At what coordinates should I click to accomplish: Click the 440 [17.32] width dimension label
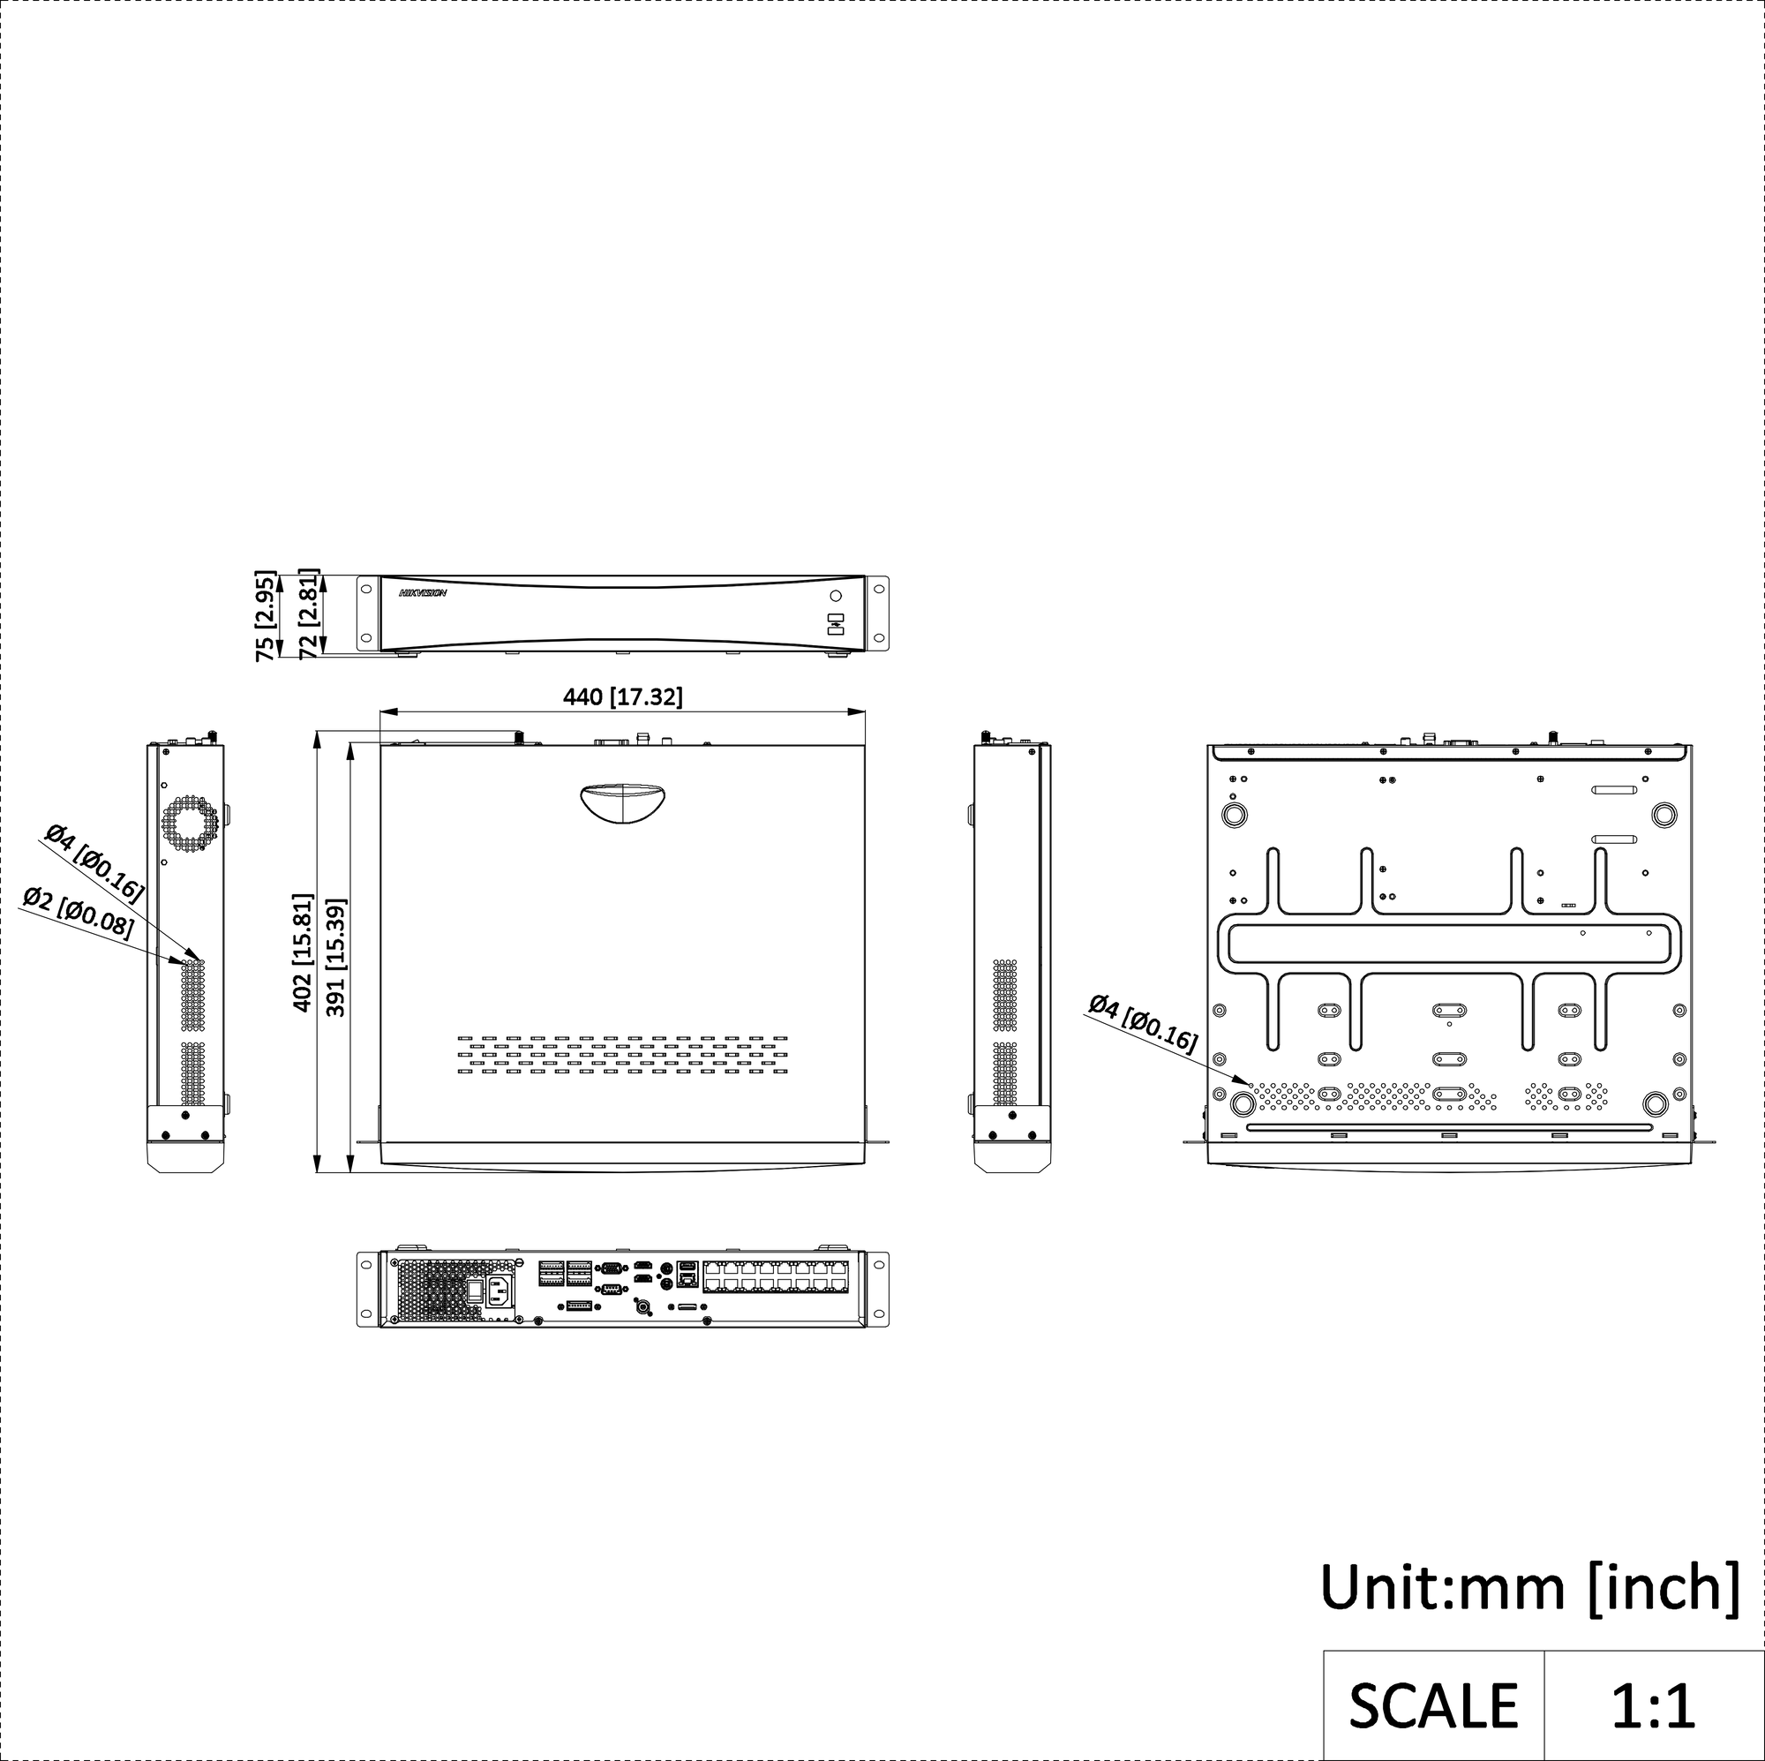pyautogui.click(x=623, y=697)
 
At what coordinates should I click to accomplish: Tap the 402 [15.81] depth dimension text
pyautogui.click(x=303, y=952)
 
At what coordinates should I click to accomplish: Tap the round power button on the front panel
pyautogui.click(x=835, y=597)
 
